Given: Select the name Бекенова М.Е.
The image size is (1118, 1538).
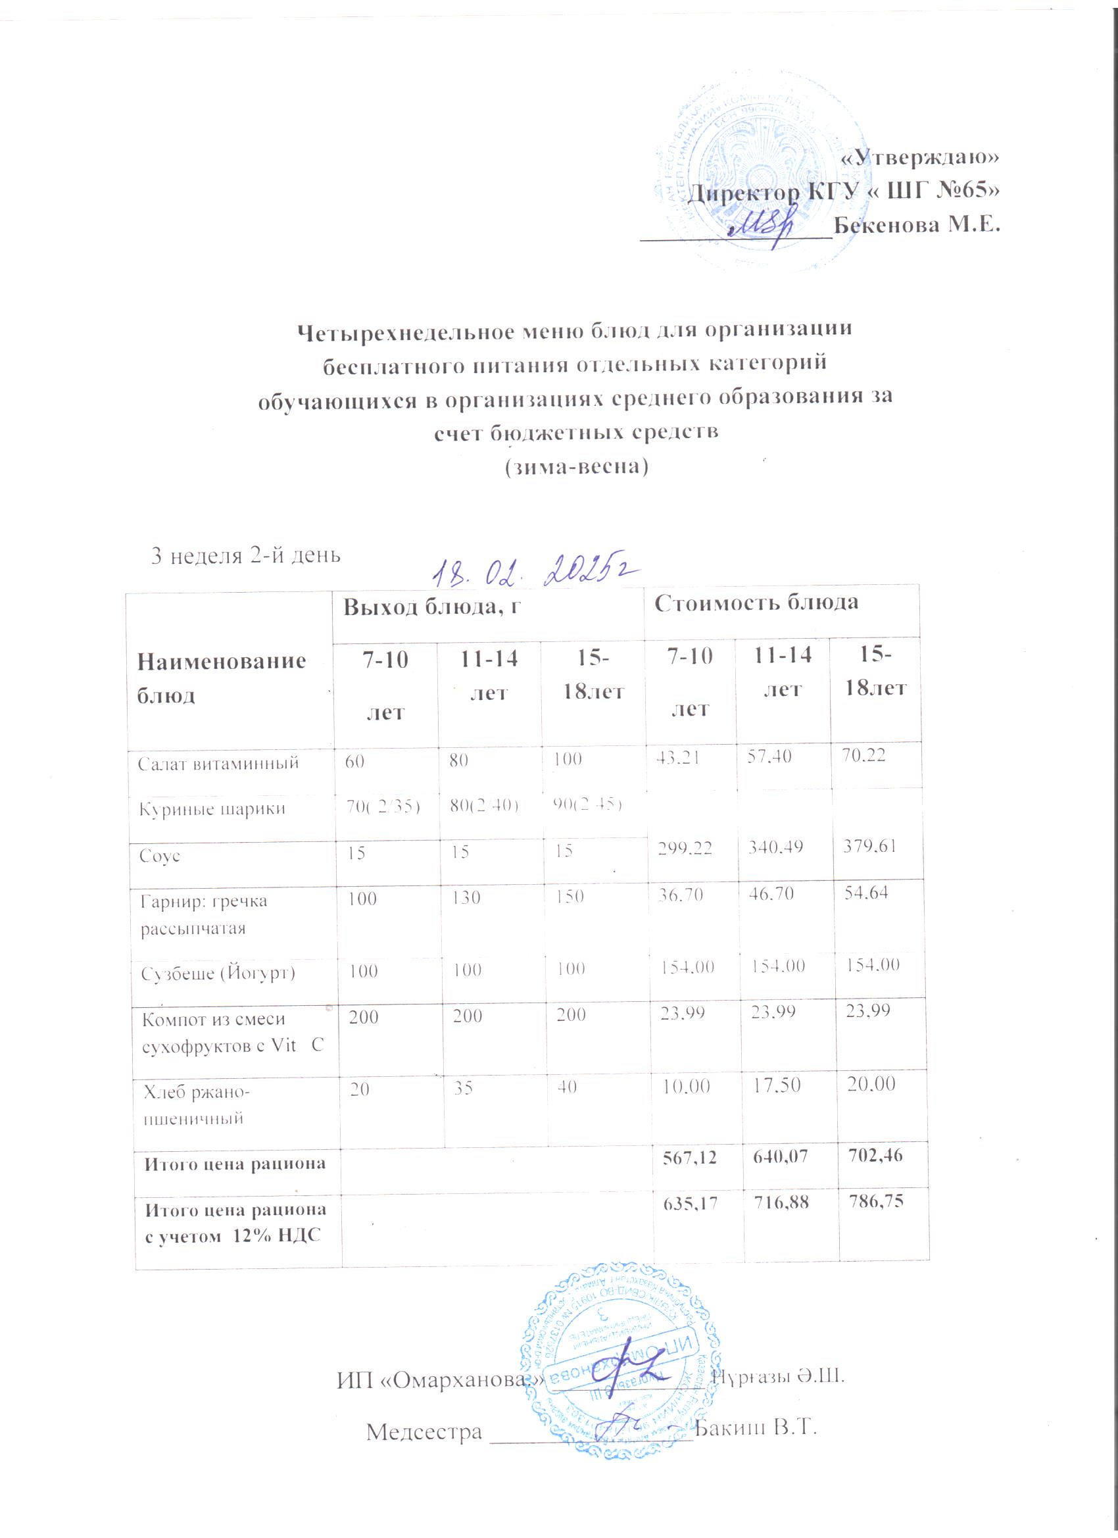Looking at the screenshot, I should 917,224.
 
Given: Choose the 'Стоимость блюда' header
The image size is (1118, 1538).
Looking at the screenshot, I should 756,603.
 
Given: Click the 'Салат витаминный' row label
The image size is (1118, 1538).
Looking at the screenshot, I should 218,764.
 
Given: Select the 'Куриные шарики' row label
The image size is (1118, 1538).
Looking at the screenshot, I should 212,808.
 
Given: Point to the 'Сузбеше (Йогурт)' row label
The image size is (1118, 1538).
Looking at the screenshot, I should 218,974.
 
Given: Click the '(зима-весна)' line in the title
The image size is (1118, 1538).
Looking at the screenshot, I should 574,466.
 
